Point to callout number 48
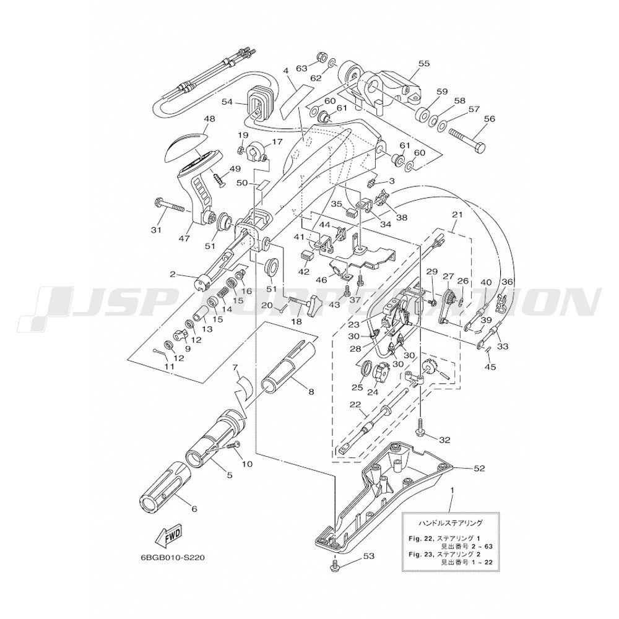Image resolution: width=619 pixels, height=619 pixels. [x=191, y=119]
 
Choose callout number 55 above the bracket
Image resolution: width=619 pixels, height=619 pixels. [x=423, y=63]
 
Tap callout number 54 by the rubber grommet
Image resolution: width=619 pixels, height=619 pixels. [x=227, y=102]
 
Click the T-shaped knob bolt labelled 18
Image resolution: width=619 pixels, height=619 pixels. [x=311, y=303]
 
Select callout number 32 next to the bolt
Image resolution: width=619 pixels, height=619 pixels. [x=444, y=441]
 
